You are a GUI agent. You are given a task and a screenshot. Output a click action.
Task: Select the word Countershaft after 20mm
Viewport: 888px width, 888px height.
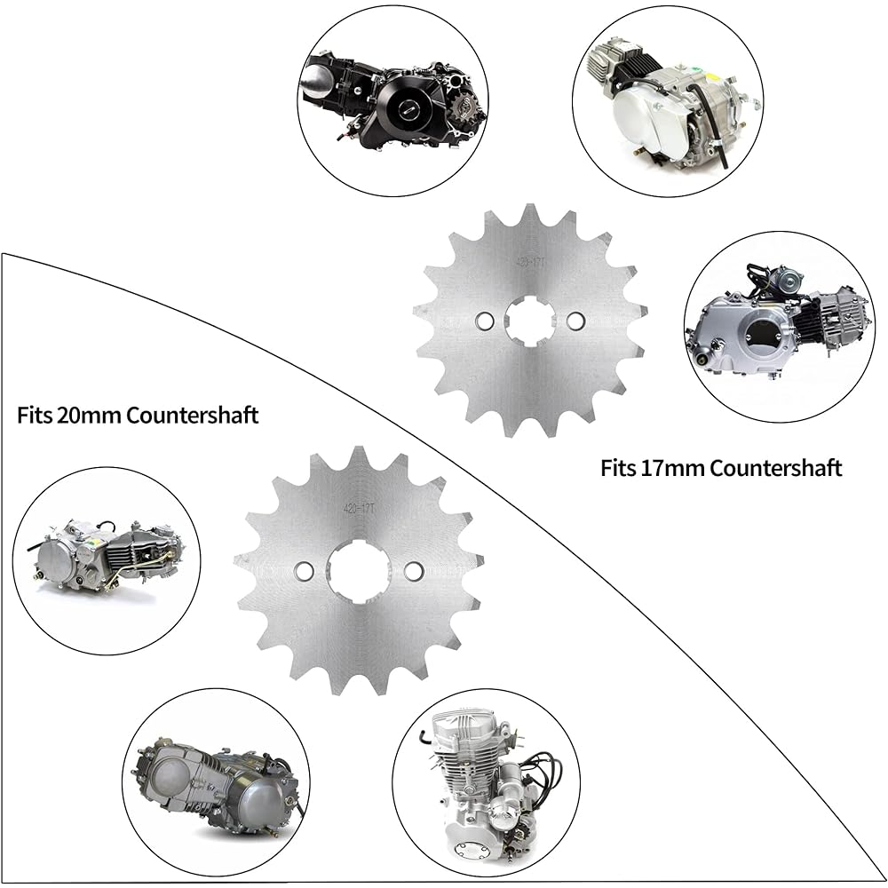coord(193,415)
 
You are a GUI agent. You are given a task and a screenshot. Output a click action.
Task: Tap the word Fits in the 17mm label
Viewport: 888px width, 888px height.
coord(619,467)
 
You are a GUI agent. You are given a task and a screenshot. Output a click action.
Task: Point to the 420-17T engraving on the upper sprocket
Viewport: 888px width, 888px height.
coord(532,263)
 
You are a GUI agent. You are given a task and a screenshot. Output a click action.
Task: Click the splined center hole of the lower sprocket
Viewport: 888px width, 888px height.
coord(358,570)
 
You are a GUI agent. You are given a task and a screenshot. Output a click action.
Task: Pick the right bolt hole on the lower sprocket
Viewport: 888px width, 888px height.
coord(413,570)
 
